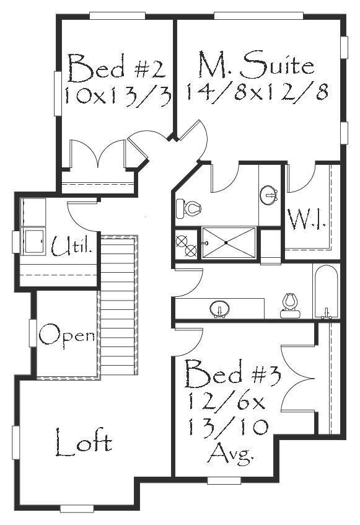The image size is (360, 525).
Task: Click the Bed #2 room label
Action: pos(116,68)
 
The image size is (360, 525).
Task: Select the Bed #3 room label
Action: pos(232,373)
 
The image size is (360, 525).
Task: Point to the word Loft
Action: pos(83,443)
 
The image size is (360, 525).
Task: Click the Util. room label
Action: pos(72,245)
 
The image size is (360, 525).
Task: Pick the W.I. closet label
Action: pos(307,219)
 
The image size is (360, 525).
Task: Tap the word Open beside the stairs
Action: pos(67,336)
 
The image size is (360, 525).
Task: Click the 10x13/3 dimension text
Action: pos(118,95)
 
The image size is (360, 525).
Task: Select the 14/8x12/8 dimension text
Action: pos(257,91)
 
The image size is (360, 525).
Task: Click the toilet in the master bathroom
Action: pos(188,208)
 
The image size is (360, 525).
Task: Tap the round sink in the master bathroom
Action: pos(269,195)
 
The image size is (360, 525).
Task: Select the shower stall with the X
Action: pos(229,242)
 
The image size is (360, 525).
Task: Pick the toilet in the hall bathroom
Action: pos(290,306)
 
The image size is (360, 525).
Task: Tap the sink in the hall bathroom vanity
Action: pos(220,309)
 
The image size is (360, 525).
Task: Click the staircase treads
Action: pos(119,304)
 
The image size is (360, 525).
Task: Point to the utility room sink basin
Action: pos(33,240)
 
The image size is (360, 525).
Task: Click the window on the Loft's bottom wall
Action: pos(77,509)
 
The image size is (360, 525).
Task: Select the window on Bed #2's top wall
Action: pos(118,15)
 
